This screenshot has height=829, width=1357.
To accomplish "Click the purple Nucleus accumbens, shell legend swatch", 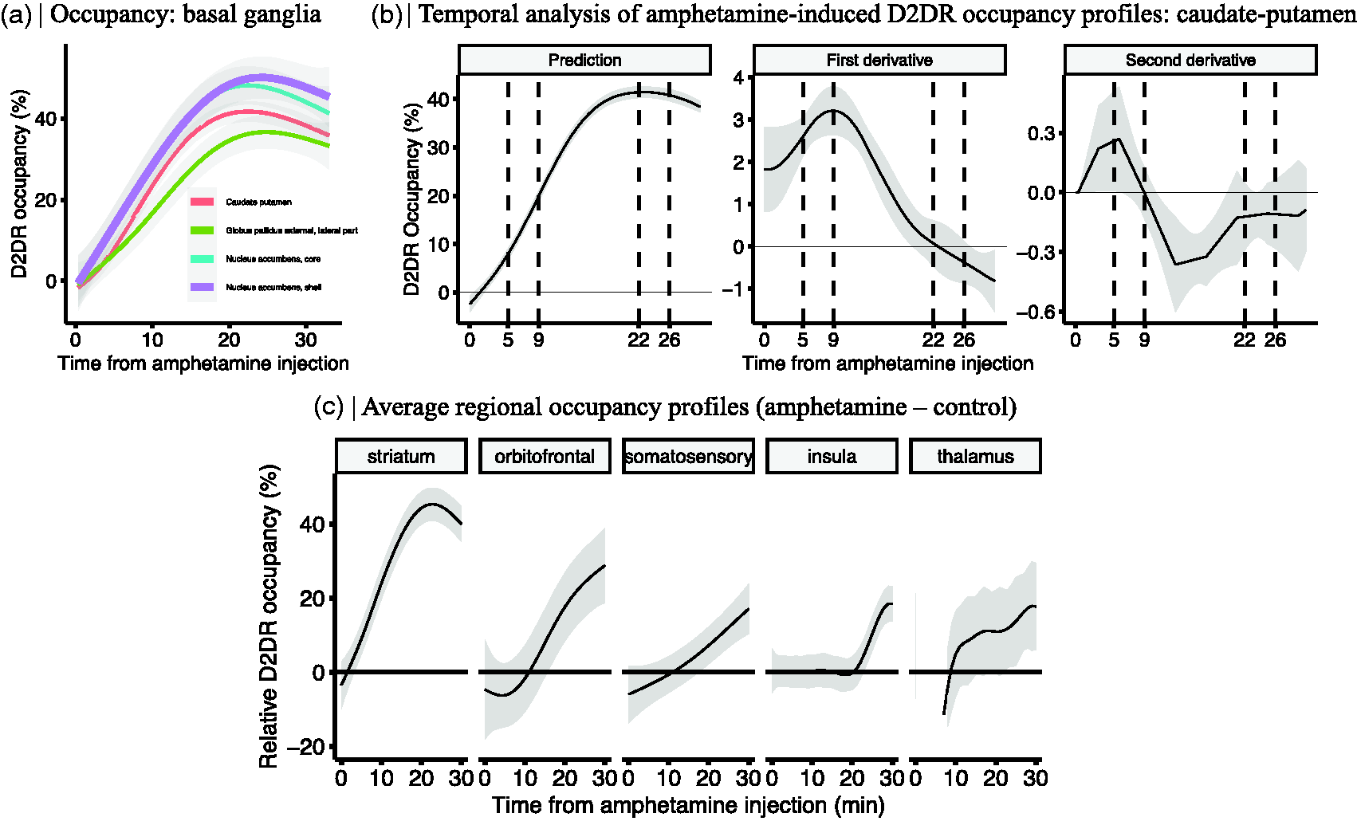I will click(x=202, y=287).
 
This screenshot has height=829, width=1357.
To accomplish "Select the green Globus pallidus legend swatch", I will click(x=202, y=230).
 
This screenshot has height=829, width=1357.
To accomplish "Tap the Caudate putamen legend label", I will click(x=258, y=202).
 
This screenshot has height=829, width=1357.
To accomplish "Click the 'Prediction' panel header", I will click(x=584, y=60).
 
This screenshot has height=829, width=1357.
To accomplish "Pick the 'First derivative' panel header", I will click(x=879, y=60).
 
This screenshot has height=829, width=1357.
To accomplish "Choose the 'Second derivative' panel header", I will click(x=1190, y=60).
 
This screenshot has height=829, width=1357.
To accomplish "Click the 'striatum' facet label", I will click(x=401, y=457).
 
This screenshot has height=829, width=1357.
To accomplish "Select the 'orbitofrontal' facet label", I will click(x=545, y=457).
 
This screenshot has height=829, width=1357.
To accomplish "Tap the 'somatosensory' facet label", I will click(x=688, y=457).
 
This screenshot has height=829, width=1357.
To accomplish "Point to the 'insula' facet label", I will click(x=832, y=457).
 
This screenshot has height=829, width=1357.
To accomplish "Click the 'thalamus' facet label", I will click(x=975, y=457).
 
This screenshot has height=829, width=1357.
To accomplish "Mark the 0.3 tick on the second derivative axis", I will click(x=1041, y=133).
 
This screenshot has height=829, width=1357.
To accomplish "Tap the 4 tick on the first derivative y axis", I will click(x=739, y=77).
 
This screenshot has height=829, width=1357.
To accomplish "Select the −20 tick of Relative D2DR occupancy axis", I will click(x=306, y=747).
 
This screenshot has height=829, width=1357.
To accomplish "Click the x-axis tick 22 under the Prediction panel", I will click(x=639, y=340).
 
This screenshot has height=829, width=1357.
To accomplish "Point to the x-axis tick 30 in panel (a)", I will click(x=306, y=340).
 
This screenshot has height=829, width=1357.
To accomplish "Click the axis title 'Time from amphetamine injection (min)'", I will click(x=688, y=805).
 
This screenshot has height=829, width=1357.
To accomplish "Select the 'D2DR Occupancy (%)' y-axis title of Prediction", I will click(x=411, y=199).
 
